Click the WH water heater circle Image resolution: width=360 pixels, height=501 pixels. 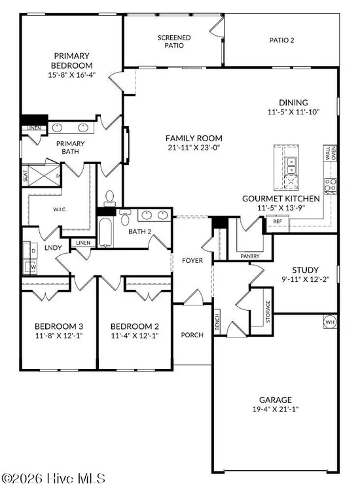click(330, 322)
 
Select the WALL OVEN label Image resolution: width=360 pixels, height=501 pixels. click(331, 153)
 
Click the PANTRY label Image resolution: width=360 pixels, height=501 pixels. click(250, 256)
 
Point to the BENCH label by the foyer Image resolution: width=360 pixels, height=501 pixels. click(217, 322)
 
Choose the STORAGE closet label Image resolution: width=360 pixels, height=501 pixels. click(268, 311)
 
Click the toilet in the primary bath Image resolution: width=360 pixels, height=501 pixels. click(110, 199)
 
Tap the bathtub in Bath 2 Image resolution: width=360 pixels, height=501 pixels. click(105, 232)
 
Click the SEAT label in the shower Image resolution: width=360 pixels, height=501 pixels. click(26, 176)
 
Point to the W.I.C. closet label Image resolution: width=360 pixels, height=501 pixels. click(60, 209)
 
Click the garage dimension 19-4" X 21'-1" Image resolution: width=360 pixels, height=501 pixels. click(276, 409)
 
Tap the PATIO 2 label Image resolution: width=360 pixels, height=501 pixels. click(281, 41)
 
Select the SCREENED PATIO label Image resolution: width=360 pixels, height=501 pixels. click(174, 42)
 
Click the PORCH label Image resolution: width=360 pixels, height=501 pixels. click(192, 335)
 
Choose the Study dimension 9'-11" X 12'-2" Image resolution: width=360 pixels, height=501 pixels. click(305, 279)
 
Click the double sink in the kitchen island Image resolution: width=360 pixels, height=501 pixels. click(291, 165)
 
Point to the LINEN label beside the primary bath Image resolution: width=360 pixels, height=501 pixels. click(34, 128)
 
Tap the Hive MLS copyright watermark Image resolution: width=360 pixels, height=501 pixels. click(53, 479)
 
